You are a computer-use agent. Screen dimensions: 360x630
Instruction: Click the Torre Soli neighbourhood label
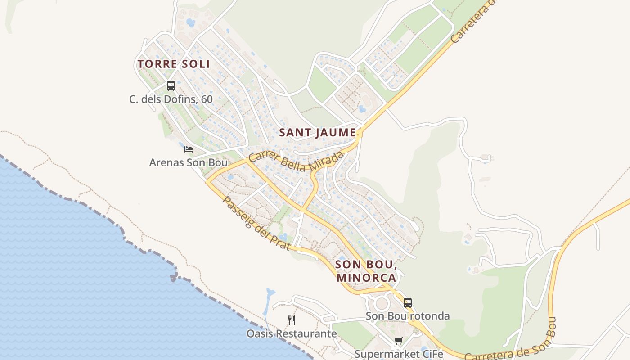tap(174, 64)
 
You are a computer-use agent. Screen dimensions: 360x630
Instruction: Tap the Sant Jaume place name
tap(318, 133)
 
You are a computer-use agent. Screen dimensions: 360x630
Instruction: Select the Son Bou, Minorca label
tap(366, 271)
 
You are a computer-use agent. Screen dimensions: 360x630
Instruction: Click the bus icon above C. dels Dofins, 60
tap(171, 86)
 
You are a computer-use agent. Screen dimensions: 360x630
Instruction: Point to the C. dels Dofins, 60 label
tap(171, 99)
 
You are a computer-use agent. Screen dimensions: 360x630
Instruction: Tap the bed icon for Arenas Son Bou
tap(189, 149)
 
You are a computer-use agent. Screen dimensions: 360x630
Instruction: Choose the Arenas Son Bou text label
tap(189, 162)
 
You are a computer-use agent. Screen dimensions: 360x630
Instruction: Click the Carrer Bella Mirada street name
tap(296, 162)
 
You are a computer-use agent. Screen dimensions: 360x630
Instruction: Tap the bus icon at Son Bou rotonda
tap(408, 303)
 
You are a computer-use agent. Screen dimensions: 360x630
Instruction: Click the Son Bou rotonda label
tap(408, 316)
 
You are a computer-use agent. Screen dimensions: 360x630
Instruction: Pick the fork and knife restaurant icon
tap(292, 320)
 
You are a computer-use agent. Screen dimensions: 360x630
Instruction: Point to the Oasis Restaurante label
tap(292, 333)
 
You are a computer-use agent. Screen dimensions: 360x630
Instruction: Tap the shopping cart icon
tap(398, 342)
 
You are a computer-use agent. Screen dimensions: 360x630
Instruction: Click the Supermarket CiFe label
tap(399, 354)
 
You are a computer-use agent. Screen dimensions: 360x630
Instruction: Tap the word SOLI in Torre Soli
tap(195, 64)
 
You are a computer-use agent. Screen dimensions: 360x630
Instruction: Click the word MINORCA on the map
tap(366, 278)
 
